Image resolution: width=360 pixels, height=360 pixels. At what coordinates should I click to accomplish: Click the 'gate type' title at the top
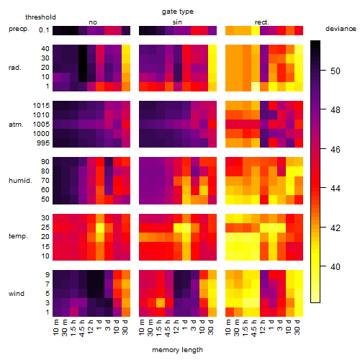coord(178,12)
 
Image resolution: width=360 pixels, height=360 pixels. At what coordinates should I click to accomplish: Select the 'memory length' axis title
coord(177,350)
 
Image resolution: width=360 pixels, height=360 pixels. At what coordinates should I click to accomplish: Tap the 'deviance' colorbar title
coord(341,29)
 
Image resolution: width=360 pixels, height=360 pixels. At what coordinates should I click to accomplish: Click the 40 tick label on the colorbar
coord(336,266)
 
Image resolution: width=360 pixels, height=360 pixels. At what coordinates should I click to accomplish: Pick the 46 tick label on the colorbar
coord(336,149)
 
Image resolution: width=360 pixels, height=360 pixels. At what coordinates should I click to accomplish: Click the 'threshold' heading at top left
coord(40,17)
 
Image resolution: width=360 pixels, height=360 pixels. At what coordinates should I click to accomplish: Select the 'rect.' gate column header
coord(262,22)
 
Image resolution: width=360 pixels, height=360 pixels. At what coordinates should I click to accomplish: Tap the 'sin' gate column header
coord(177,22)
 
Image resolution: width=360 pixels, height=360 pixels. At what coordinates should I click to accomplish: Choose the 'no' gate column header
coord(93,22)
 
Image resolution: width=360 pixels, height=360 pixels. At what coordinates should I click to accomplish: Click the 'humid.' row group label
coord(20,180)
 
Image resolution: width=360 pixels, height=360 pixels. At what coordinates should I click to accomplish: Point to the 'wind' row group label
coord(17,293)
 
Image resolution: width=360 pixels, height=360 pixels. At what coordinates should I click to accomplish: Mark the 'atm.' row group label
coord(16,125)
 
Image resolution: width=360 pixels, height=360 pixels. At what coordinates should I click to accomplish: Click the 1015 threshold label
coord(41,106)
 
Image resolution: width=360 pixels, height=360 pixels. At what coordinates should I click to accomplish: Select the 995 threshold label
coord(43,143)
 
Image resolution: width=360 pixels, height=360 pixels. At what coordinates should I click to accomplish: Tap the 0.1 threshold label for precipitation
coord(44,30)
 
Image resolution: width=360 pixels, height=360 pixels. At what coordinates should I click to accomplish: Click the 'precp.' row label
coord(19,29)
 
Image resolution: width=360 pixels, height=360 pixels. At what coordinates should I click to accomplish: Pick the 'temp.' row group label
coord(18,236)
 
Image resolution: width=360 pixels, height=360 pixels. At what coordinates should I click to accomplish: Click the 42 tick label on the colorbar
coord(336,228)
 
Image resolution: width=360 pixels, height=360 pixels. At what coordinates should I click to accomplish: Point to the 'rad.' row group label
coord(15,68)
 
